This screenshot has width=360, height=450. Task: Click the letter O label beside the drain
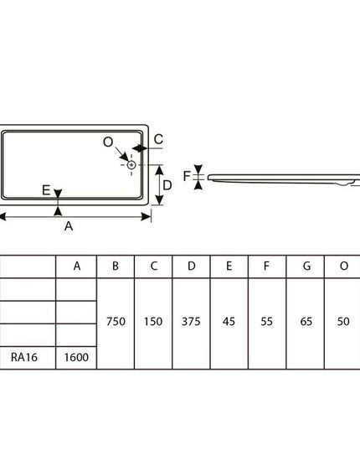pyautogui.click(x=108, y=142)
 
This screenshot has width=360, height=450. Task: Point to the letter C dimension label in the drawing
pyautogui.click(x=158, y=139)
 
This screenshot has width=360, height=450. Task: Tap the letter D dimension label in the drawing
pyautogui.click(x=167, y=185)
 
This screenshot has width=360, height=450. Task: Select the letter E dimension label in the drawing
pyautogui.click(x=46, y=190)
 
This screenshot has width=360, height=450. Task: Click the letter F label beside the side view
pyautogui.click(x=187, y=176)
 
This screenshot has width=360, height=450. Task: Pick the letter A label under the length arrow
pyautogui.click(x=69, y=226)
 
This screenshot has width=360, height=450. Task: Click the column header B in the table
pyautogui.click(x=116, y=266)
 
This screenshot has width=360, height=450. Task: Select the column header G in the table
pyautogui.click(x=306, y=266)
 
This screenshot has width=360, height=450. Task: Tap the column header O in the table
pyautogui.click(x=344, y=266)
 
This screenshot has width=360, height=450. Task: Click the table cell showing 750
pyautogui.click(x=116, y=322)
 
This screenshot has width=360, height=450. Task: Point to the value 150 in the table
pyautogui.click(x=153, y=322)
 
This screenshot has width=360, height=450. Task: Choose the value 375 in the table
pyautogui.click(x=191, y=322)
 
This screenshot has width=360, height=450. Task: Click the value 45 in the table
pyautogui.click(x=229, y=322)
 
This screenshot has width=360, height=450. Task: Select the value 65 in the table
pyautogui.click(x=306, y=322)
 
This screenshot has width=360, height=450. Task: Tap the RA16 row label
pyautogui.click(x=24, y=357)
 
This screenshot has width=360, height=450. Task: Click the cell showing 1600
pyautogui.click(x=76, y=357)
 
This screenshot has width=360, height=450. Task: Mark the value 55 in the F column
pyautogui.click(x=266, y=322)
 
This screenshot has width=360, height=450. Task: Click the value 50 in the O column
pyautogui.click(x=343, y=322)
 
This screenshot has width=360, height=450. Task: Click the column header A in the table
pyautogui.click(x=77, y=266)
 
